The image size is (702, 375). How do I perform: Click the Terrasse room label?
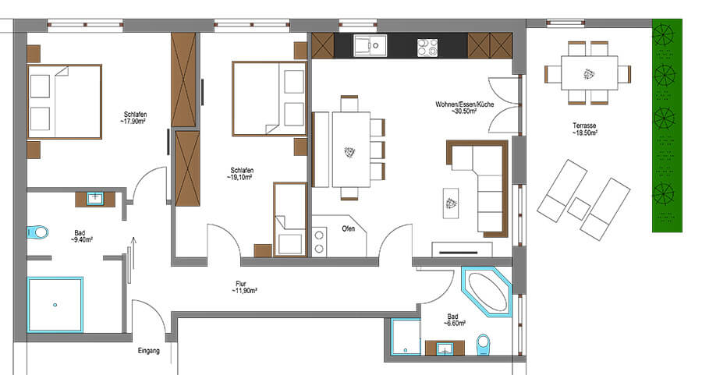[x=584, y=126]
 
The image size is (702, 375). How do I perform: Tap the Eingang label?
[x=149, y=351]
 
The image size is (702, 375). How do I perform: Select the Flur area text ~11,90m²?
[x=244, y=291]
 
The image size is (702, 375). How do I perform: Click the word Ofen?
[x=349, y=228]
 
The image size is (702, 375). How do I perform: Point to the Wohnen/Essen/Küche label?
[x=465, y=104]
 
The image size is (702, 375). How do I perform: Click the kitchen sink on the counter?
[x=370, y=46]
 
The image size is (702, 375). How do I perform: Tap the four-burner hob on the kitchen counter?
[x=427, y=48]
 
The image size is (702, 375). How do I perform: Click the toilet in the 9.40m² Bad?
[x=37, y=232]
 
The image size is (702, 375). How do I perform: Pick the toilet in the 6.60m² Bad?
[x=484, y=345]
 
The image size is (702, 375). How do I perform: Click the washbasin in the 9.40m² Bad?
[x=95, y=198]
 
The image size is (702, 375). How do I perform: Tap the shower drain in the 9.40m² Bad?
[x=55, y=305]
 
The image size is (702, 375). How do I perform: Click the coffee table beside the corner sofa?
[x=451, y=203]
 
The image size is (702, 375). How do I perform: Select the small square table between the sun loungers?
[x=579, y=208]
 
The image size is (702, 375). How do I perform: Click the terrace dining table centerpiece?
[x=589, y=74]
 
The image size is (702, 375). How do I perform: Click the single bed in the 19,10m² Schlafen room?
[x=290, y=219]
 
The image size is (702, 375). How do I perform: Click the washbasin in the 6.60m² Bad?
[x=445, y=348]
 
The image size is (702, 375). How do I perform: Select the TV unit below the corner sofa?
[x=462, y=249]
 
